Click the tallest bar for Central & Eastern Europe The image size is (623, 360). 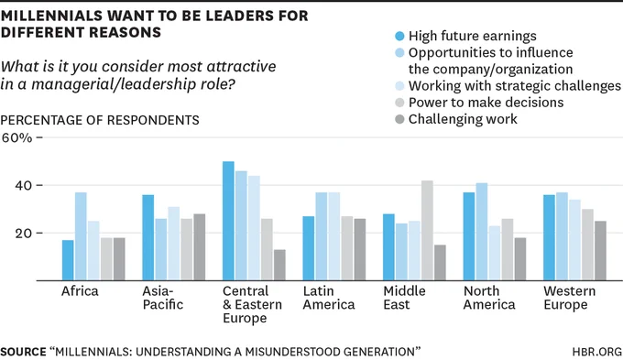tap(228, 221)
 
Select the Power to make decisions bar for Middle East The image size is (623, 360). tap(427, 231)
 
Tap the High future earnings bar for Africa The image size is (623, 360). tap(68, 260)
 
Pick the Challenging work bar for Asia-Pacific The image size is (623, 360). tap(200, 247)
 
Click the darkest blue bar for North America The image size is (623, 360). tap(469, 236)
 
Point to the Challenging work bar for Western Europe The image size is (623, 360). tap(600, 251)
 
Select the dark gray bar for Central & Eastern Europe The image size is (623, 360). tap(279, 265)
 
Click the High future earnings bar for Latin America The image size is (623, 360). tap(309, 248)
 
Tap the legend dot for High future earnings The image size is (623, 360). tap(399, 36)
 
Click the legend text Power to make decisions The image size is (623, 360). tap(486, 103)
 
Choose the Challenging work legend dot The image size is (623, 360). tap(399, 119)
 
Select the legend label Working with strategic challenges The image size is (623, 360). tap(515, 86)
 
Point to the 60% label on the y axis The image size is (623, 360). tap(16, 137)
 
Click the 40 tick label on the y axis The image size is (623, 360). tap(24, 186)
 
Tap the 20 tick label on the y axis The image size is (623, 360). tap(24, 234)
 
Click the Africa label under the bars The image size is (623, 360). tap(80, 291)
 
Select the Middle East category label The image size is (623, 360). tap(404, 298)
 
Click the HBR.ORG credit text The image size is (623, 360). tap(596, 352)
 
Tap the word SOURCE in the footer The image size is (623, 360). tap(24, 352)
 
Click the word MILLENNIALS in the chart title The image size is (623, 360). tap(51, 16)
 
